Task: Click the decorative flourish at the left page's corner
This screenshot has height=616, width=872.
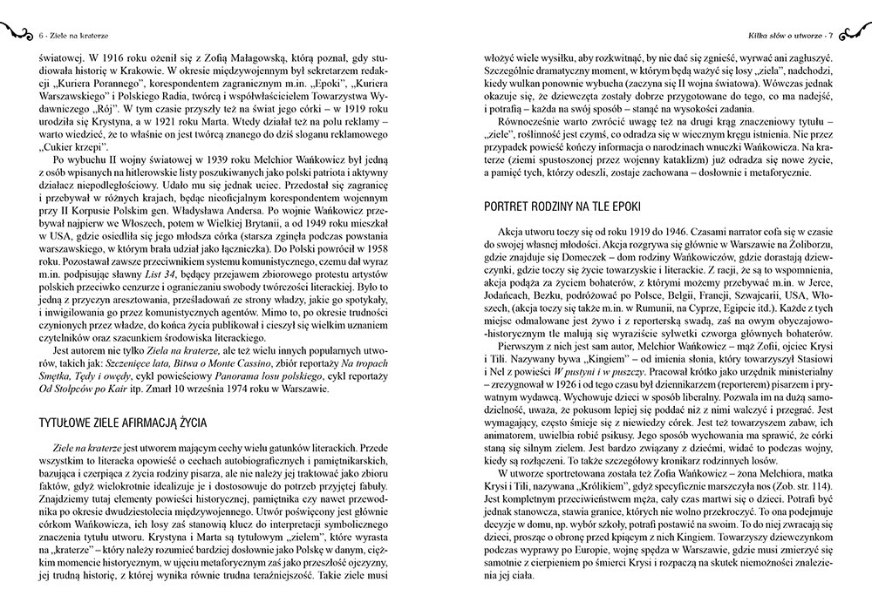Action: (19, 33)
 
